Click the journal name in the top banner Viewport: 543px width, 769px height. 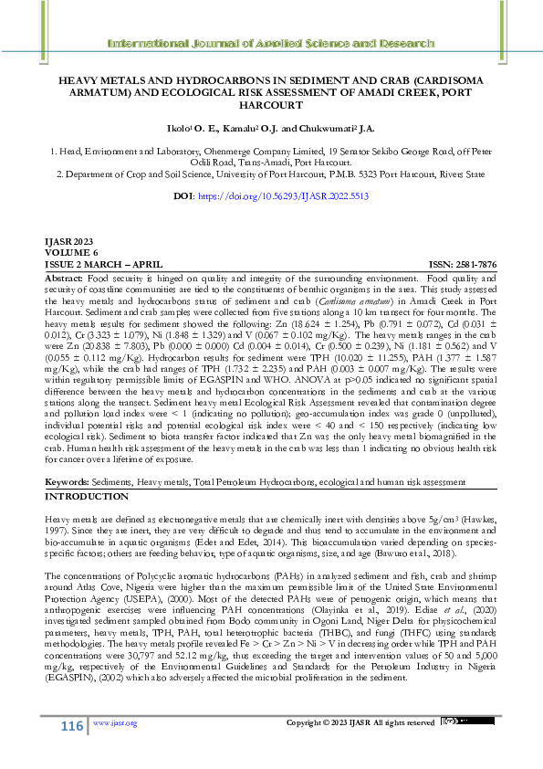271,43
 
